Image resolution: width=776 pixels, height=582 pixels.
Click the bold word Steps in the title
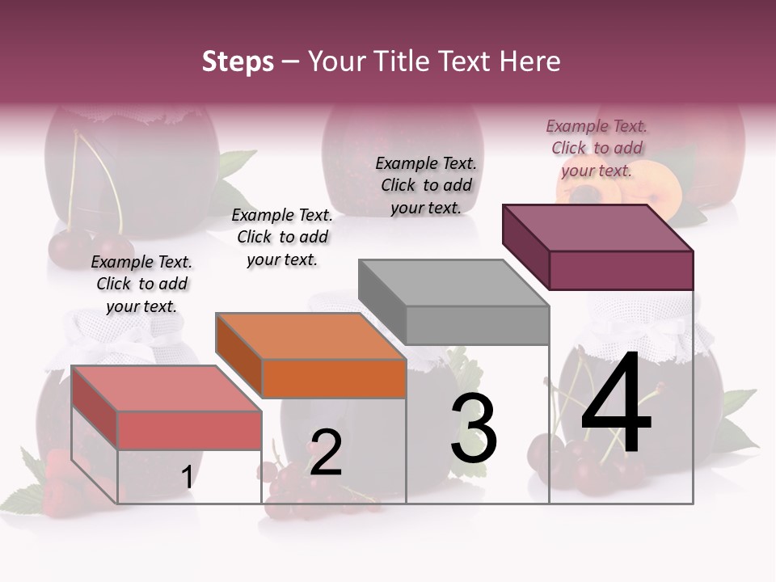pyautogui.click(x=238, y=61)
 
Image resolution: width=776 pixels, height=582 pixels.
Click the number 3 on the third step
pyautogui.click(x=474, y=428)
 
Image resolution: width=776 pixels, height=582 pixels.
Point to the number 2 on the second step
pyautogui.click(x=326, y=453)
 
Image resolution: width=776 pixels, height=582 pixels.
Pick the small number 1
pyautogui.click(x=187, y=477)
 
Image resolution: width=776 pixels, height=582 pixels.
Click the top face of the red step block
pyautogui.click(x=166, y=388)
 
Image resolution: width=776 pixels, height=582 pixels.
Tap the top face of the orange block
pyautogui.click(x=310, y=335)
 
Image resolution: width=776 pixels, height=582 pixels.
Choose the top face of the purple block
pyautogui.click(x=598, y=228)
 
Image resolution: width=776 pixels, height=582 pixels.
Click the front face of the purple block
pyautogui.click(x=621, y=270)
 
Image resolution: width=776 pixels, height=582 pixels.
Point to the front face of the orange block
pyautogui.click(x=334, y=378)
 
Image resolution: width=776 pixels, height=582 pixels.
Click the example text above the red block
pyautogui.click(x=141, y=284)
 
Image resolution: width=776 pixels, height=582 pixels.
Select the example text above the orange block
pyautogui.click(x=282, y=237)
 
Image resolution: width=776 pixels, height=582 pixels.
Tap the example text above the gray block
pyautogui.click(x=426, y=185)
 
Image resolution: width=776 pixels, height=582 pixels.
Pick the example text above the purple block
pyautogui.click(x=597, y=148)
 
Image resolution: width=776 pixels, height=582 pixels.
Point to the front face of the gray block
pyautogui.click(x=477, y=325)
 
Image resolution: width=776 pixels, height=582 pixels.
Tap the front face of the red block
pyautogui.click(x=189, y=430)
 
